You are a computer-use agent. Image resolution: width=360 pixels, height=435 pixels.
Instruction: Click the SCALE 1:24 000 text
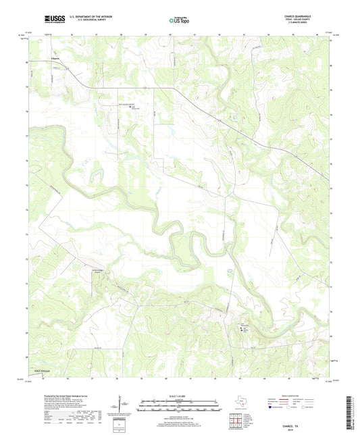[x=179, y=396]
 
